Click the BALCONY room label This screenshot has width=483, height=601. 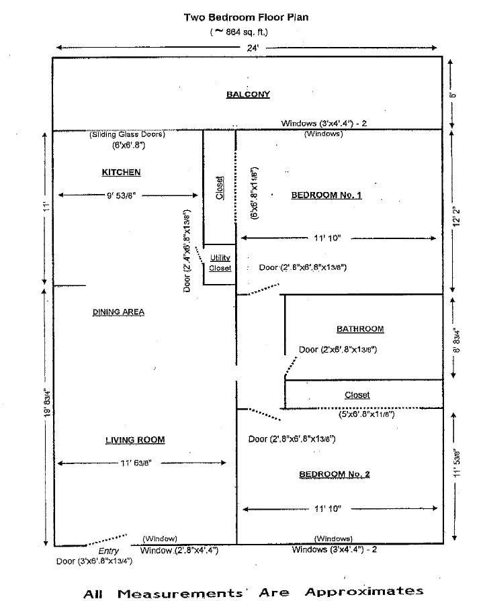[x=248, y=95]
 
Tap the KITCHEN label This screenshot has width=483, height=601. [x=121, y=173]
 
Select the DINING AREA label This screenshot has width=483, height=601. [x=118, y=312]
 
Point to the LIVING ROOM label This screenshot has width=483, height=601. [x=135, y=440]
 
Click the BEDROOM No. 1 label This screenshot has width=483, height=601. [x=326, y=195]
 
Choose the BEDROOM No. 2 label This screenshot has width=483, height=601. [x=335, y=474]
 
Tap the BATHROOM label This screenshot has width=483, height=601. [x=360, y=329]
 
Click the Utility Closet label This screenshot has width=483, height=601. [x=220, y=263]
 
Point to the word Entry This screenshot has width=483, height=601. [x=109, y=551]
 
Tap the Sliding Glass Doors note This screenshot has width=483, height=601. [x=127, y=134]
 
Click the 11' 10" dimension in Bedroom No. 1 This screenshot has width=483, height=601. [x=329, y=238]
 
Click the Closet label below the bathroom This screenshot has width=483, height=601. [x=357, y=395]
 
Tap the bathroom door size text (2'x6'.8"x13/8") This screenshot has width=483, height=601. [x=337, y=349]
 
